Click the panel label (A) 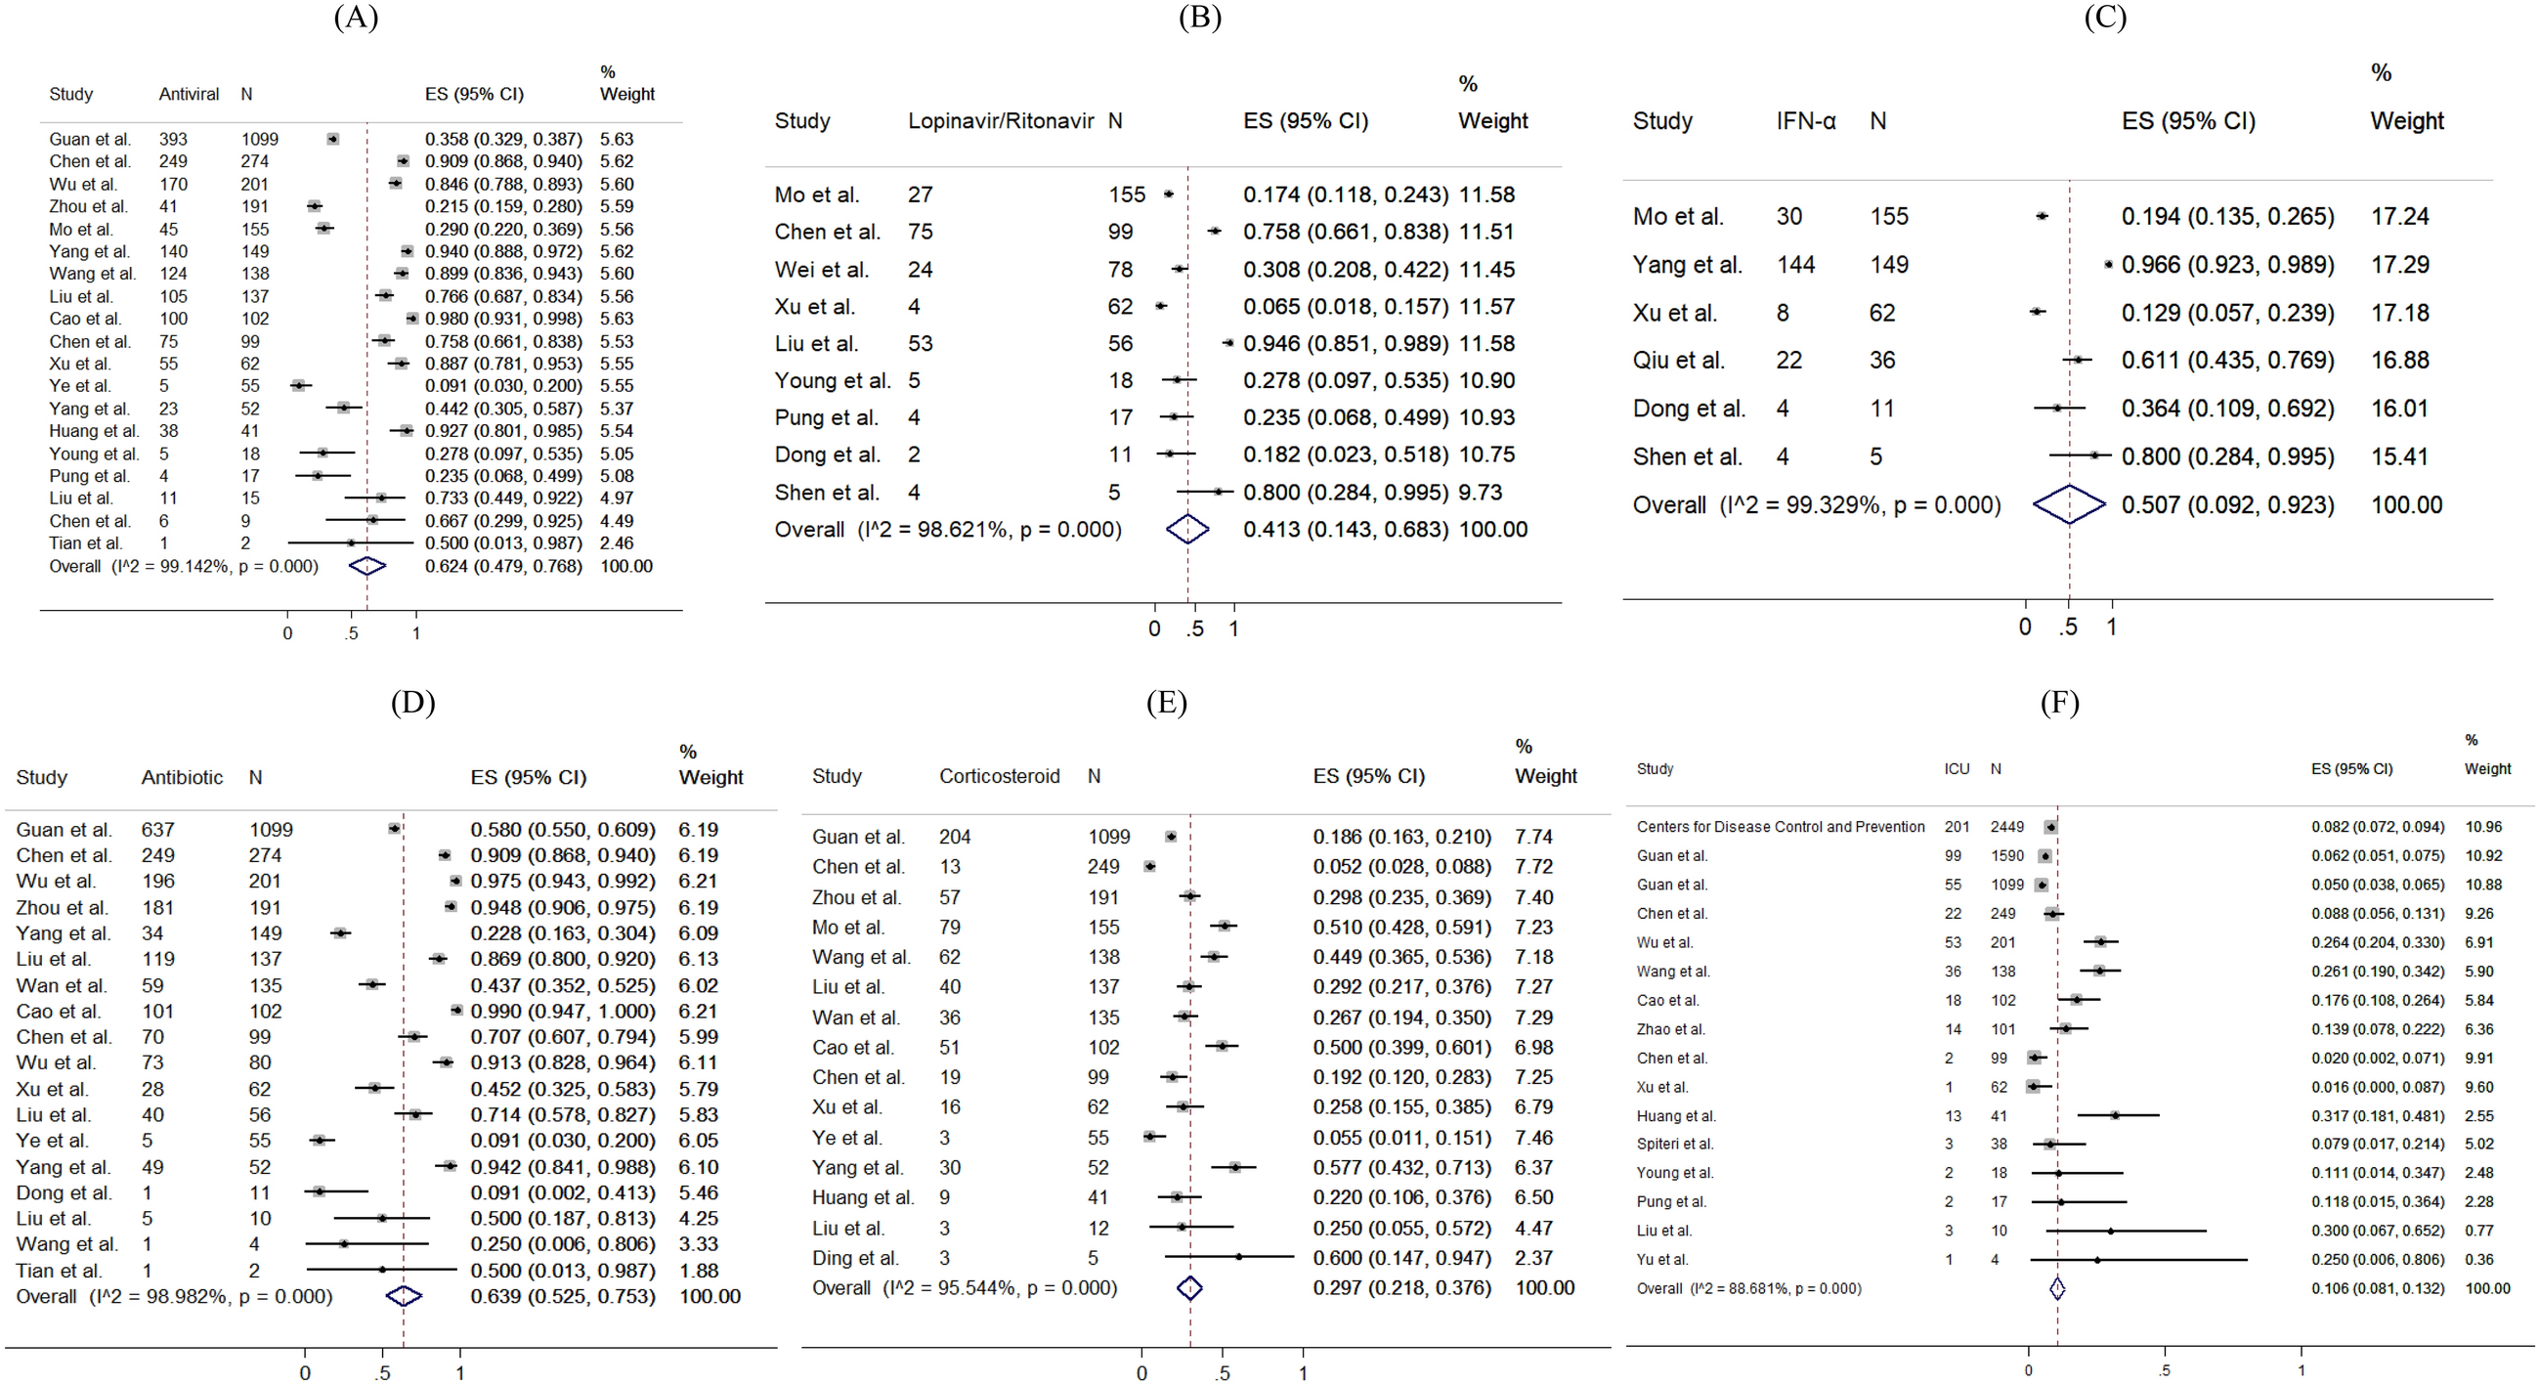356,18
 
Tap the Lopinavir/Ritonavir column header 1001,121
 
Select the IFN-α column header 1806,121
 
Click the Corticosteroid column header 999,776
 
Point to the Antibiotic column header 183,777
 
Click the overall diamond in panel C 2069,504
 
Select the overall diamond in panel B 1187,530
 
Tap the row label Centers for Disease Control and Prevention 1780,827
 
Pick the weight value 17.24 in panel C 2399,217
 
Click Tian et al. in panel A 86,543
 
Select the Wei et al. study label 821,269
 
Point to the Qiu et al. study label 1679,361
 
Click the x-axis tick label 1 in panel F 2301,1370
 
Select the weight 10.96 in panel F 2483,827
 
